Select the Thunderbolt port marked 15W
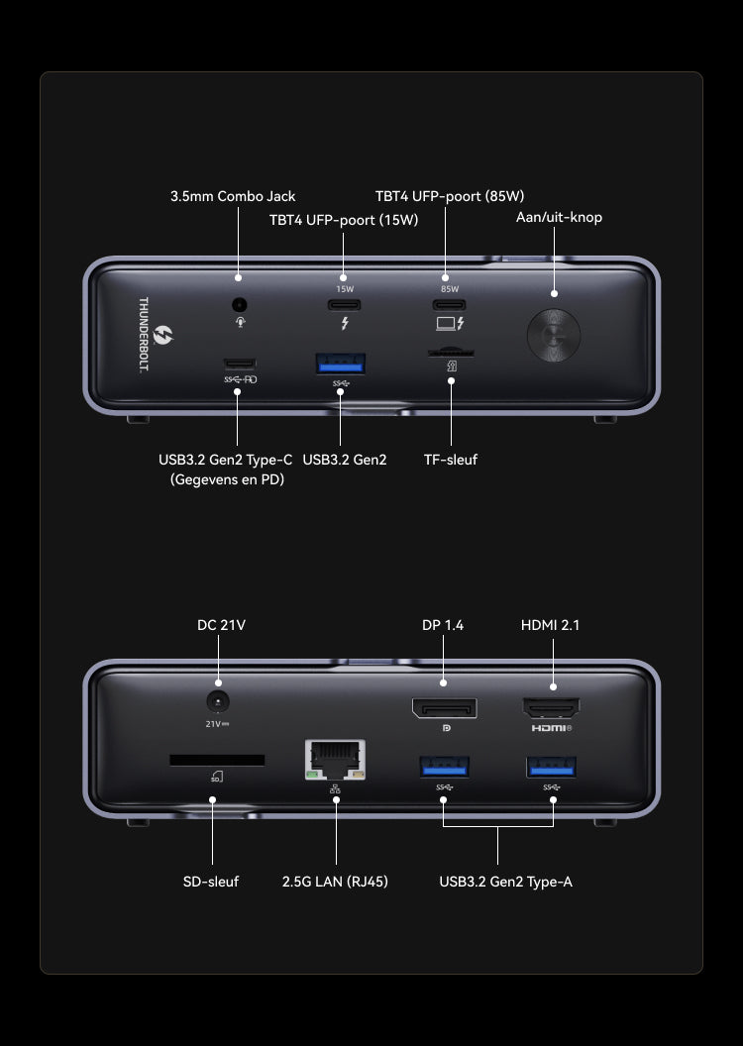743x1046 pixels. pyautogui.click(x=344, y=304)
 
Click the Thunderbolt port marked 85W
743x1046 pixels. pyautogui.click(x=444, y=304)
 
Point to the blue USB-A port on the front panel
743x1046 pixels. pyautogui.click(x=340, y=365)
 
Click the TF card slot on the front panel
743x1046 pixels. pyautogui.click(x=450, y=352)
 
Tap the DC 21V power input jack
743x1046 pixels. pyautogui.click(x=217, y=701)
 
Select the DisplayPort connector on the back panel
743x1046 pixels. pyautogui.click(x=444, y=708)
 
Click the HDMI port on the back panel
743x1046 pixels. pyautogui.click(x=552, y=708)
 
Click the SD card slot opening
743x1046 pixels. pyautogui.click(x=217, y=760)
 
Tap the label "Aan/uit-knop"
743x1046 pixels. pyautogui.click(x=559, y=217)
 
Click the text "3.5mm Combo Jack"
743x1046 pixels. pyautogui.click(x=233, y=196)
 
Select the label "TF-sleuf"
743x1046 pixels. pyautogui.click(x=450, y=460)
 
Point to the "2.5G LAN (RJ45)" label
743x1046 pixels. pyautogui.click(x=335, y=881)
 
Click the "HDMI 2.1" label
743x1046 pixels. pyautogui.click(x=551, y=625)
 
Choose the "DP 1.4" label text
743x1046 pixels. pyautogui.click(x=443, y=625)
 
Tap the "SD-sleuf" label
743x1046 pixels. pyautogui.click(x=211, y=881)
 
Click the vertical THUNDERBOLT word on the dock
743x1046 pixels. pyautogui.click(x=143, y=335)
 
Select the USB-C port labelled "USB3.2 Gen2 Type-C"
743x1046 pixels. pyautogui.click(x=239, y=363)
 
